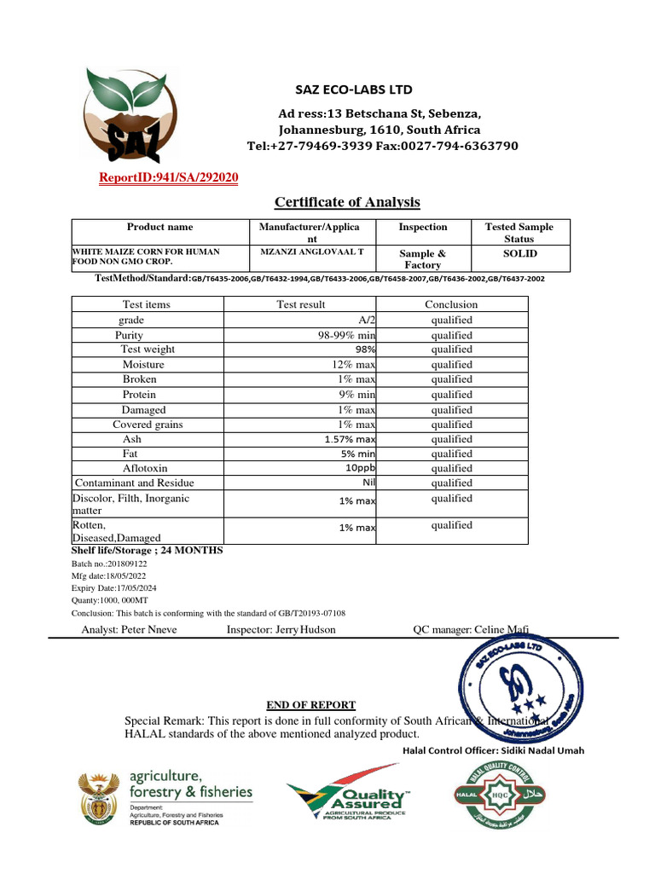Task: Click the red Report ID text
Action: coord(170,177)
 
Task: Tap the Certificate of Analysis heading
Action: coord(347,202)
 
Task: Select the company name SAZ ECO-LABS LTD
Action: coord(353,90)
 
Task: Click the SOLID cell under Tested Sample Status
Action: coord(519,253)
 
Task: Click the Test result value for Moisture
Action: coord(354,364)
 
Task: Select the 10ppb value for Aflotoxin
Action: coord(360,468)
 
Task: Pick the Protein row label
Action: coord(139,395)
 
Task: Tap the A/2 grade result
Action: coord(368,320)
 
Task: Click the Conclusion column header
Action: coord(451,304)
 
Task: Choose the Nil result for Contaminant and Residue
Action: coord(368,483)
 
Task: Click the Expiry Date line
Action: coord(113,588)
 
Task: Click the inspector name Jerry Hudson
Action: coord(281,629)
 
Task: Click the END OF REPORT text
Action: coord(310,705)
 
